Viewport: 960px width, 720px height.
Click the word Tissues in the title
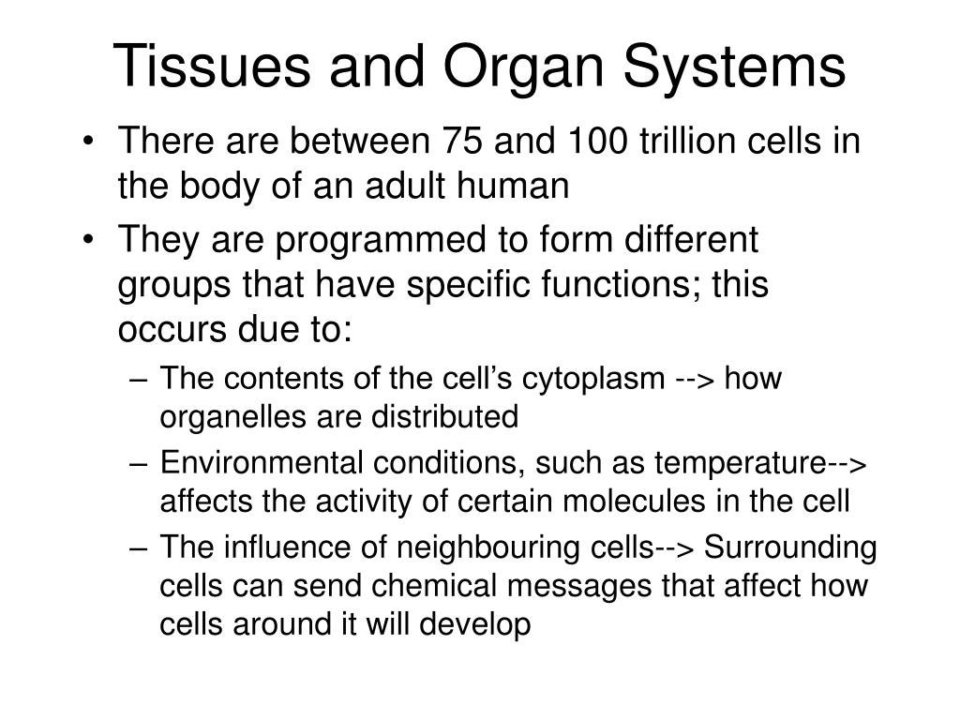pos(212,66)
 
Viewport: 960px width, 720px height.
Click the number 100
pos(597,141)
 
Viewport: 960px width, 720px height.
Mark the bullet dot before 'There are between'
pos(89,142)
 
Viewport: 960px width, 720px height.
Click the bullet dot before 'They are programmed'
pos(89,241)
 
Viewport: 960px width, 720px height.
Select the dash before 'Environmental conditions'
pos(139,463)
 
